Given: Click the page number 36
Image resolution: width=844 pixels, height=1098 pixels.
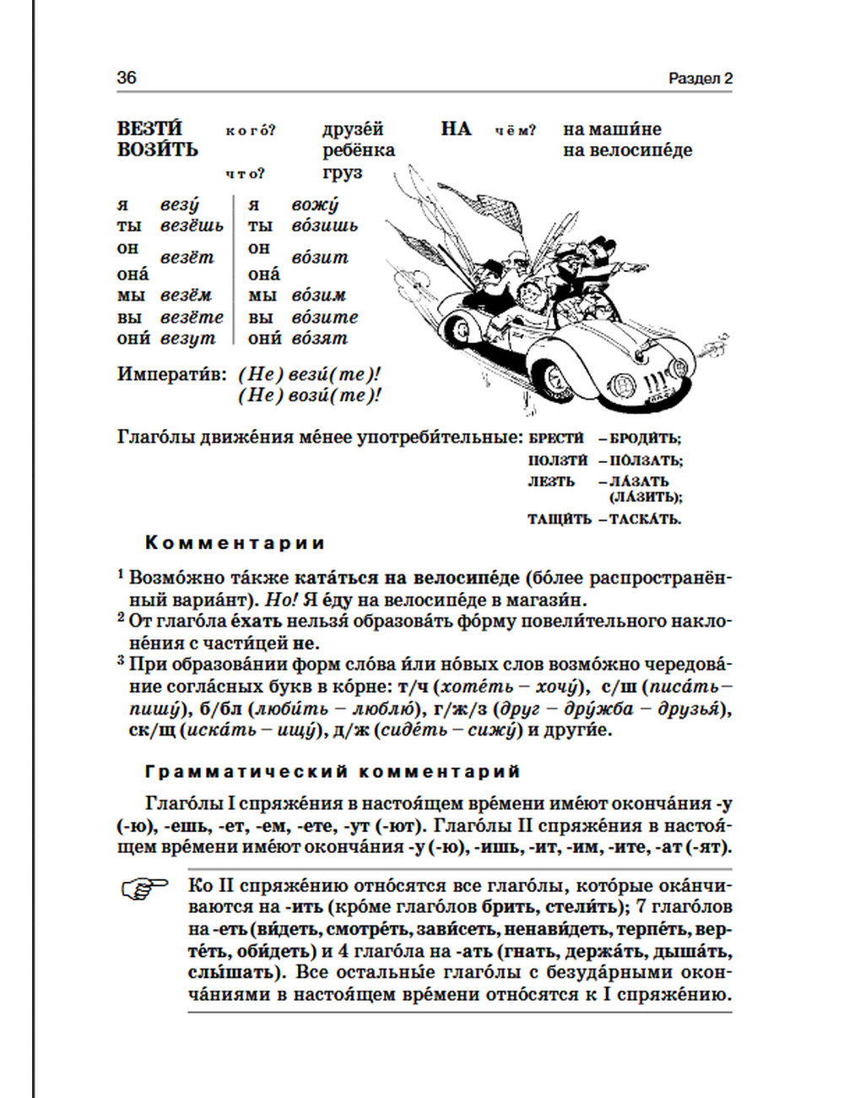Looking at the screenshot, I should [127, 78].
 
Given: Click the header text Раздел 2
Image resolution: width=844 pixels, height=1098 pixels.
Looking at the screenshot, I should [700, 79].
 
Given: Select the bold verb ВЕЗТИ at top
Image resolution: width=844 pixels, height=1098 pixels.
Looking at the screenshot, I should [149, 129].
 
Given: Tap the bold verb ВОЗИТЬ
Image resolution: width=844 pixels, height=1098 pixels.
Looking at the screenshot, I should [157, 150].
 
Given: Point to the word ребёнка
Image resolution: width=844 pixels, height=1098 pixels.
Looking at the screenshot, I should [359, 150].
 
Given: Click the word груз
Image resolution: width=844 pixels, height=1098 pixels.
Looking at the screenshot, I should [342, 172].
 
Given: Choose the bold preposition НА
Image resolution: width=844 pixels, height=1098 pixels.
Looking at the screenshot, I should [456, 129].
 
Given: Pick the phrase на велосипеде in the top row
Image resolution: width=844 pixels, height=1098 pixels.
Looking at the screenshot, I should [628, 150].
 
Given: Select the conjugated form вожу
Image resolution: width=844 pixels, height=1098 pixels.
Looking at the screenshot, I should [315, 205].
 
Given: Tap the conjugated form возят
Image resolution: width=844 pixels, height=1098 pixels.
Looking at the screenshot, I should [319, 339].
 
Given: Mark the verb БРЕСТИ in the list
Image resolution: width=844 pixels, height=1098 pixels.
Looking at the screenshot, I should [556, 438].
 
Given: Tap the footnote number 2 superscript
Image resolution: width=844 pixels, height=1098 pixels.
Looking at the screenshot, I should [121, 617].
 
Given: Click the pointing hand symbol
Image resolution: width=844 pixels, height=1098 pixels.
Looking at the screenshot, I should [145, 889].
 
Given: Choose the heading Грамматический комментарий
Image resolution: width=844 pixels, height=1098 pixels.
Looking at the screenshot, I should [333, 772].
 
